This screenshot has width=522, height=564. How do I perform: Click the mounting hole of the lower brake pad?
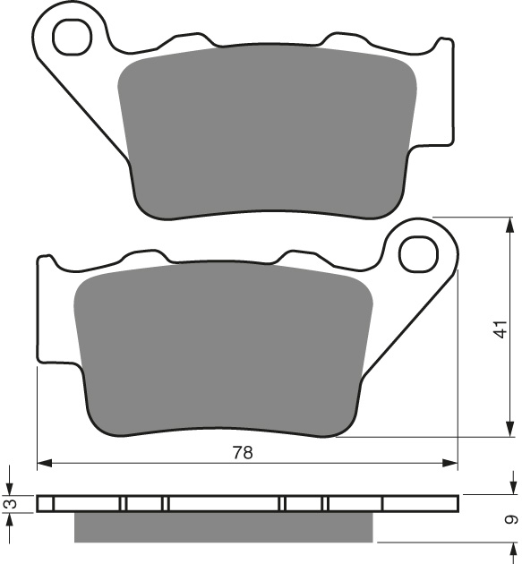pos(418,253)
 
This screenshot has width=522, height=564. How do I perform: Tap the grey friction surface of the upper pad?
pos(269,134)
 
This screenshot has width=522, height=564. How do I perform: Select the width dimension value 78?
pos(243,453)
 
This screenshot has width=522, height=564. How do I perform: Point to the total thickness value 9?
pos(510,519)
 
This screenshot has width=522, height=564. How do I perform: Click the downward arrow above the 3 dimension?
pos(11,488)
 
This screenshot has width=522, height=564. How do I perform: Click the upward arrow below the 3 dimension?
pos(11,520)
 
